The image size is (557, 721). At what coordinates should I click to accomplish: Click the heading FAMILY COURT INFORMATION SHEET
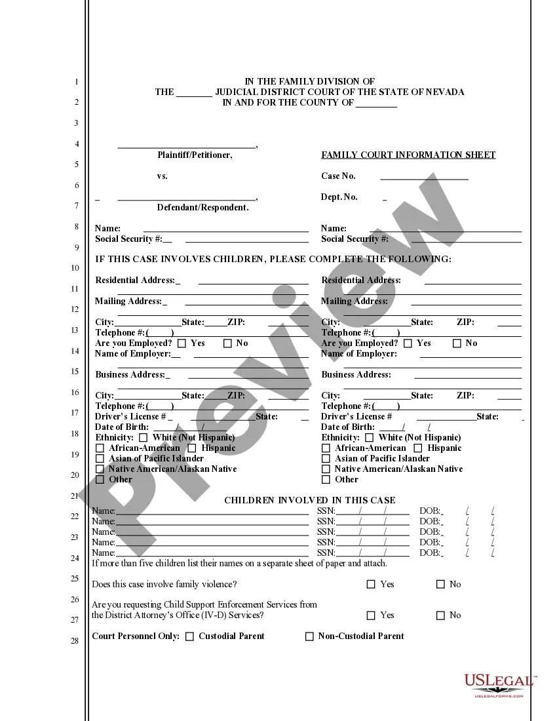click(408, 155)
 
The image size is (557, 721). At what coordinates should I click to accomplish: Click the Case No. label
click(338, 176)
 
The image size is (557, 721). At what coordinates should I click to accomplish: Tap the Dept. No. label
click(339, 197)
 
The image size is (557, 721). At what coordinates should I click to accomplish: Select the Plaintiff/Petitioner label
click(195, 155)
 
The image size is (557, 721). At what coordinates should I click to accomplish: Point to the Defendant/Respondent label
click(202, 208)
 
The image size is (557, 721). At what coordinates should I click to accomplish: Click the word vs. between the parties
click(163, 176)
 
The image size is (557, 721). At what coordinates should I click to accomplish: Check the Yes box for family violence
click(371, 584)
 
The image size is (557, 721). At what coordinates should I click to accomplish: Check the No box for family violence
click(440, 584)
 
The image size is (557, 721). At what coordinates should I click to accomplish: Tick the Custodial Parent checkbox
click(190, 636)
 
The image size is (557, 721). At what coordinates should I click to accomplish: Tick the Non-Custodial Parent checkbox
click(309, 636)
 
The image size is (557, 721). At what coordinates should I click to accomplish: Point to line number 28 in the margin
click(75, 641)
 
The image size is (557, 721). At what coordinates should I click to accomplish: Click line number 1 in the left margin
click(77, 83)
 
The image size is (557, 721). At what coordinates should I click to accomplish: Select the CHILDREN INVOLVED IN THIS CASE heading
click(310, 501)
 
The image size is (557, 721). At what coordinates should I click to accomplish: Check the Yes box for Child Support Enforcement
click(371, 615)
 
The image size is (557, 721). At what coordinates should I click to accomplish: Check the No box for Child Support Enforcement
click(440, 615)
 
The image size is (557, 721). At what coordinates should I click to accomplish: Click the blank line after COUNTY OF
click(377, 104)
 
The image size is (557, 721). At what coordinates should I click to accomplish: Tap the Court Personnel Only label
click(136, 636)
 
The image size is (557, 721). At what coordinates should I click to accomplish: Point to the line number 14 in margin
click(75, 351)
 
